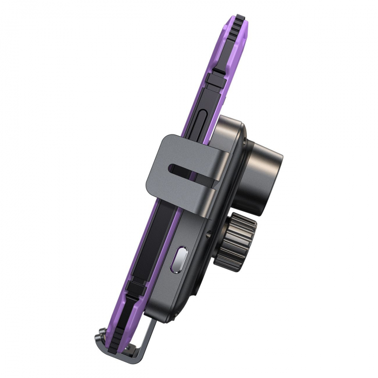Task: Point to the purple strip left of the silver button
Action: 165,259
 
